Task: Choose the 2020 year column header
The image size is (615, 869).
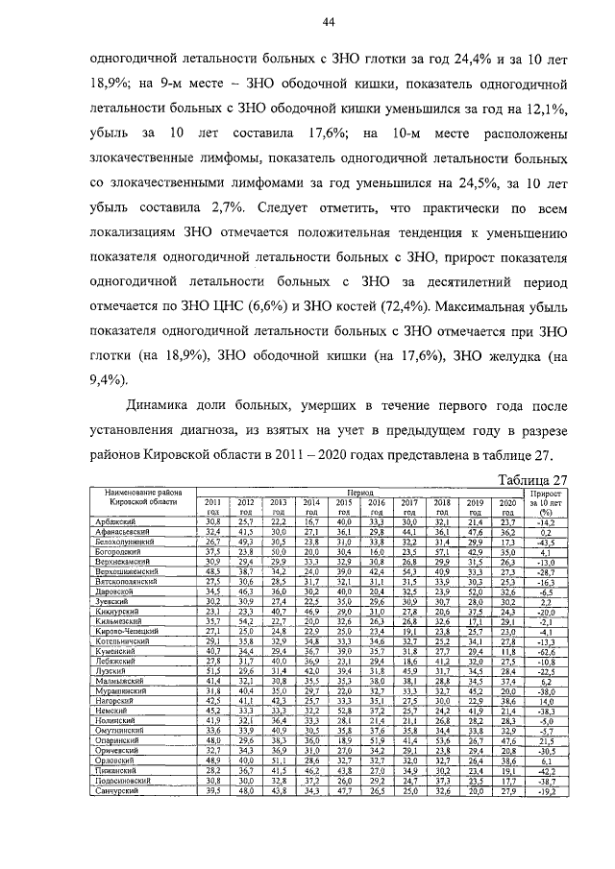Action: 506,506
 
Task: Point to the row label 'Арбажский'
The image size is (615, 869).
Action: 114,519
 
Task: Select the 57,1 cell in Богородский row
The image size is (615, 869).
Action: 441,551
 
